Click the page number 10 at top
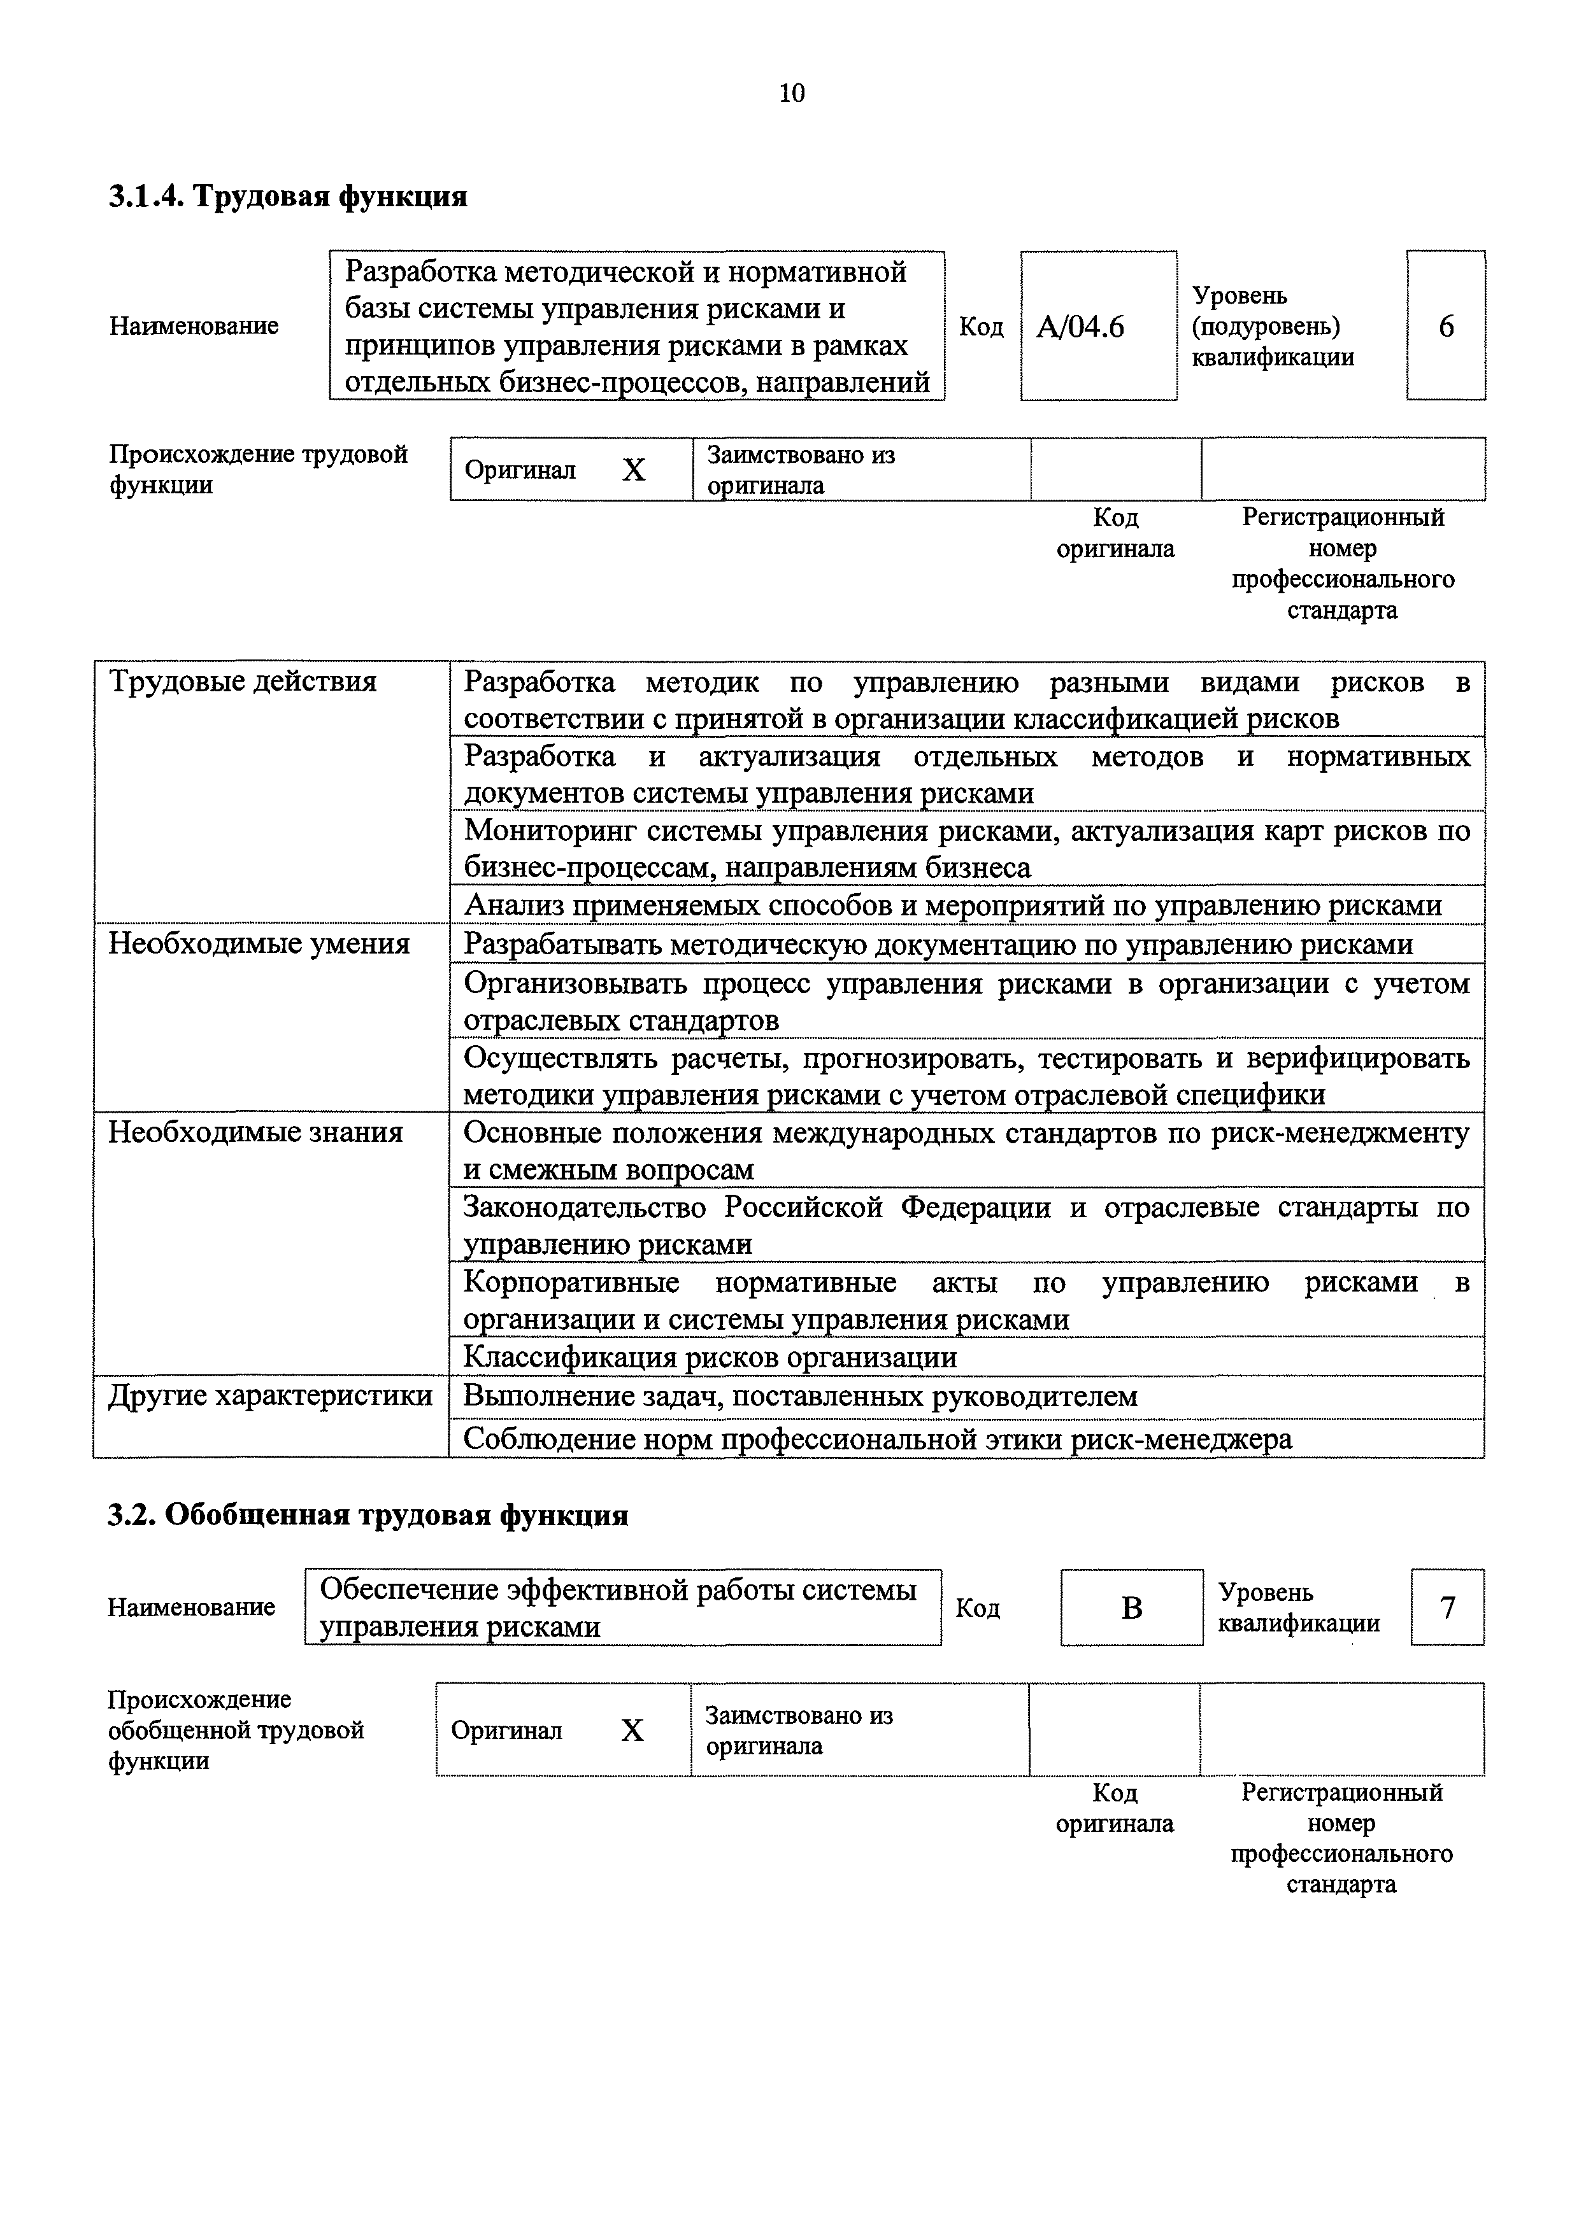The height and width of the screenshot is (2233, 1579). pos(792,94)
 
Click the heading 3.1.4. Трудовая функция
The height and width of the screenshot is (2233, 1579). pos(288,197)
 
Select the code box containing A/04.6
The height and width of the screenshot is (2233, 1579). pos(1097,327)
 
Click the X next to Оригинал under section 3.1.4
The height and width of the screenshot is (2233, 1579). pos(633,470)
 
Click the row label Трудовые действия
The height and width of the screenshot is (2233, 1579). pos(242,682)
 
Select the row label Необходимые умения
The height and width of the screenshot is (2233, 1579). pos(259,943)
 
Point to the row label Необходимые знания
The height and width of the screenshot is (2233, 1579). pos(255,1132)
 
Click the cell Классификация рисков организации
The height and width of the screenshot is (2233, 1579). pos(710,1356)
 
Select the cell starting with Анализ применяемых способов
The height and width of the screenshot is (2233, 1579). pos(952,905)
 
